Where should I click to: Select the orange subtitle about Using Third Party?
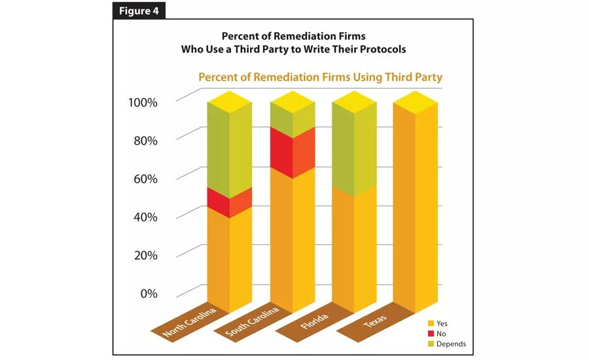[x=320, y=77]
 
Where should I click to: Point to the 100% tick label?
[x=143, y=103]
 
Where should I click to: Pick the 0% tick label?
[x=147, y=293]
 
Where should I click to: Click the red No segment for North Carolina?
[x=230, y=203]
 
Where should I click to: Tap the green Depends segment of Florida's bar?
[x=355, y=151]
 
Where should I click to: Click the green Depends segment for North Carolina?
[x=230, y=151]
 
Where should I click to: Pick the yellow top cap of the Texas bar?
[x=416, y=102]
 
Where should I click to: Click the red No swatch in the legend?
[x=431, y=334]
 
